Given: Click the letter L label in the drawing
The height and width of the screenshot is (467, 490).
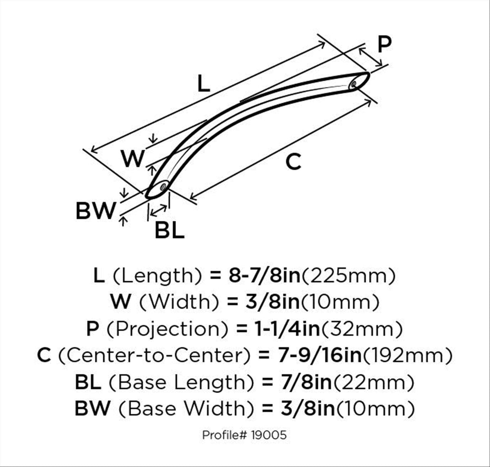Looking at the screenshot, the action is click(204, 83).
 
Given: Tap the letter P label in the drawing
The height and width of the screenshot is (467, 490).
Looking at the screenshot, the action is click(384, 44).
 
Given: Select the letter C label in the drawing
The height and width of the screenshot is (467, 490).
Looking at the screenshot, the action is click(293, 162).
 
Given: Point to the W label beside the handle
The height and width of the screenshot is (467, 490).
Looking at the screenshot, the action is click(133, 158).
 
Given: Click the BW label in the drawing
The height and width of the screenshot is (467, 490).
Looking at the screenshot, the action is click(96, 211).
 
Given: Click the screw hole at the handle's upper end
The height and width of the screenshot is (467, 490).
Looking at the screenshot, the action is click(353, 85).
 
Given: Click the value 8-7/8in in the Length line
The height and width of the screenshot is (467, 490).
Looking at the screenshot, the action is click(265, 276).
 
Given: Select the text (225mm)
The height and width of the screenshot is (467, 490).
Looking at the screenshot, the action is click(349, 276).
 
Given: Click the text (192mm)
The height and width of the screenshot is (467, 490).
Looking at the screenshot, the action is click(408, 356).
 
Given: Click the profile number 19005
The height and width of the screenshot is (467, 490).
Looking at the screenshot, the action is click(269, 435).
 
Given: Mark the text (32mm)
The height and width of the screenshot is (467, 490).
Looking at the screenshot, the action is click(362, 329).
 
